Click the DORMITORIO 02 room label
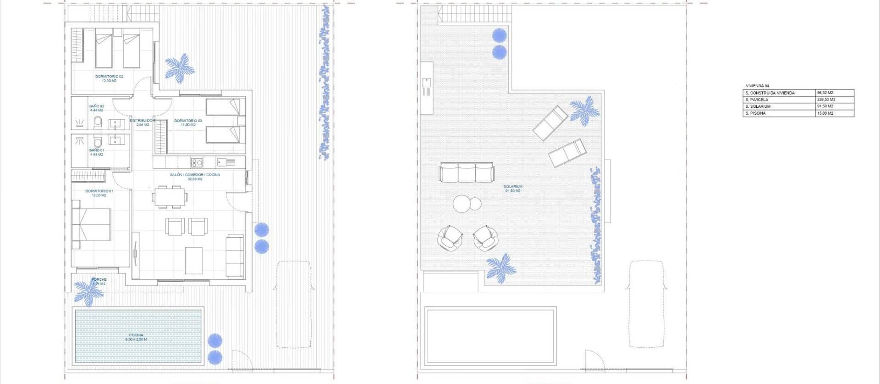109,78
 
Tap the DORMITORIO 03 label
188,122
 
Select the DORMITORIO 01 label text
99,193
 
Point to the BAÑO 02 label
97,108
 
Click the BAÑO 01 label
97,152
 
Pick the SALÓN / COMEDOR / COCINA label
195,177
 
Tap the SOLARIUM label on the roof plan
513,189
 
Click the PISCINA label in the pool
136,337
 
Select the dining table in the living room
170,197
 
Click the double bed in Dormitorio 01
92,224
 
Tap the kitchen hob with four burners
197,162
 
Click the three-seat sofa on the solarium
467,173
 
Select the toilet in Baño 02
98,122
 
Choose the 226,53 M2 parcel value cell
834,100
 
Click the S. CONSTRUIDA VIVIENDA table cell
779,93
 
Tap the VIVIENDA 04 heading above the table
757,86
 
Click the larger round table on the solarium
462,203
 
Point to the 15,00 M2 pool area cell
834,113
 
